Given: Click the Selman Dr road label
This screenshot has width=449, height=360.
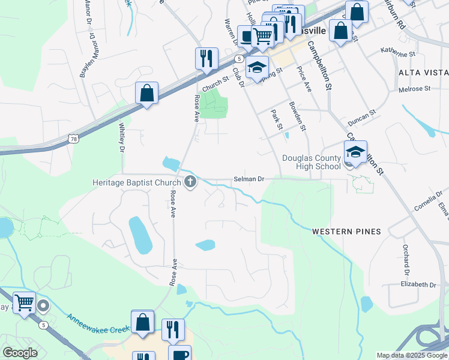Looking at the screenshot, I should pos(249,179).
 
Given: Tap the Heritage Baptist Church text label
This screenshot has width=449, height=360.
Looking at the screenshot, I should pos(136,182).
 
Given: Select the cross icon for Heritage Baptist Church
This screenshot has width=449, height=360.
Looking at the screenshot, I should pos(190,182).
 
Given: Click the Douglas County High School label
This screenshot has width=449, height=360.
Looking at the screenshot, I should pos(311,162).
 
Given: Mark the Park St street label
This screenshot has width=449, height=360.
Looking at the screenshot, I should pos(276,119).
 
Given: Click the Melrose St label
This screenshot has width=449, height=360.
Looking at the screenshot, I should pos(415,89).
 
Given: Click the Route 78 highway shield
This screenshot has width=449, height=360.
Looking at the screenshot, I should pos(73,139).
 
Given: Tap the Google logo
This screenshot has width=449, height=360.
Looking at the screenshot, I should pos(20,352).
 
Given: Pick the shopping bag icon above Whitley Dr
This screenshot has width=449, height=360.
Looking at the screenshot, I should pos(146,93).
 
